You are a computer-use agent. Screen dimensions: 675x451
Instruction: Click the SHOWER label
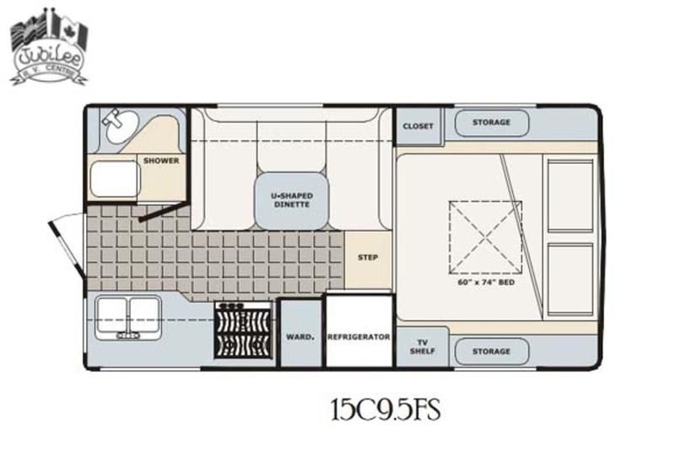point(161,160)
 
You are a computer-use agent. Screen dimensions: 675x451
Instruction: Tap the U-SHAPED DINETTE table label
point(292,200)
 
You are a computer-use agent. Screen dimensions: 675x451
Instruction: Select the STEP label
point(368,258)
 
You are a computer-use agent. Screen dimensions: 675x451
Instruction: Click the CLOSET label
point(418,126)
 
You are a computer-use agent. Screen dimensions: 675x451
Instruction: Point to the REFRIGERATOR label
point(359,337)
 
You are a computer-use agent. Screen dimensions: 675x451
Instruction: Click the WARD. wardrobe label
point(300,337)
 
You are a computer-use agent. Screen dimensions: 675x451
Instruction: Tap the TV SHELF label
point(423,347)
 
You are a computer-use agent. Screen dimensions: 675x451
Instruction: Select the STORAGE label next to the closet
point(491,122)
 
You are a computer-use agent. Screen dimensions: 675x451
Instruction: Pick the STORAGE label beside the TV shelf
point(491,351)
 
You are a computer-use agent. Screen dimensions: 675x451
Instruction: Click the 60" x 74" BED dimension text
point(486,283)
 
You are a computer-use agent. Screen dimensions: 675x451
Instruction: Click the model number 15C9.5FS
point(386,410)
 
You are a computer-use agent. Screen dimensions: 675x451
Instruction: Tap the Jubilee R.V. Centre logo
point(49,47)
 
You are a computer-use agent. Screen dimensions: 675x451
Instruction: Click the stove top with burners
point(244,330)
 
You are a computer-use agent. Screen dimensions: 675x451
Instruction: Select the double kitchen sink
point(128,318)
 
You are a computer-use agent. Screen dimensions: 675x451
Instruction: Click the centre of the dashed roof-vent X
point(486,237)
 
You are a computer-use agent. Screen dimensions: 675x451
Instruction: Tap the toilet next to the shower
point(115,179)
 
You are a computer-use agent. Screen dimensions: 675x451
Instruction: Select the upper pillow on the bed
point(570,195)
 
